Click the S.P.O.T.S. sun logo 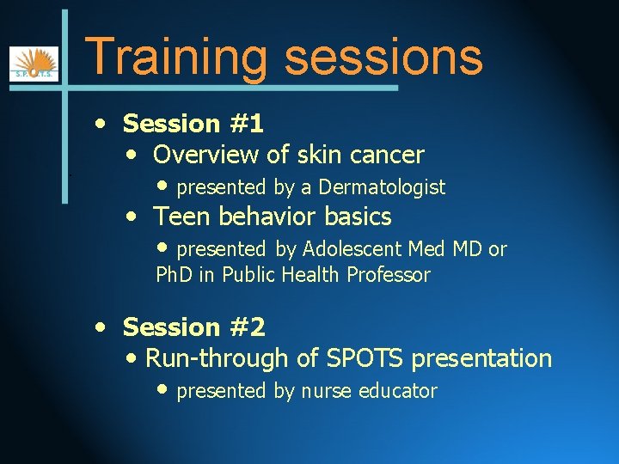point(34,64)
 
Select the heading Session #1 point(193,124)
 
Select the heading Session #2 point(194,327)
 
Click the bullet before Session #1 point(102,124)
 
